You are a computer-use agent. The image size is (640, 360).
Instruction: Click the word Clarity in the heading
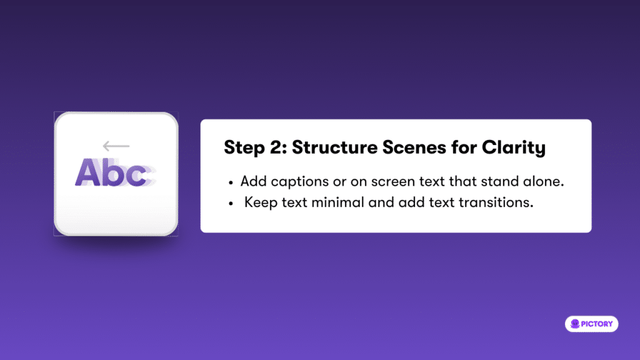pos(514,148)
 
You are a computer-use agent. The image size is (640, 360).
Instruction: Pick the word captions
pos(299,182)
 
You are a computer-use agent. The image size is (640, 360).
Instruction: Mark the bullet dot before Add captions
pos(231,182)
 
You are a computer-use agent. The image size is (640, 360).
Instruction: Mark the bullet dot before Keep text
pos(231,203)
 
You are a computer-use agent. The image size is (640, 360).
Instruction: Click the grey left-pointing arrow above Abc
pos(116,146)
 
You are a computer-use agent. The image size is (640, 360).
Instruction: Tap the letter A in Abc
pos(87,172)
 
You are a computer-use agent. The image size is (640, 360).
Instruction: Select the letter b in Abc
pos(112,172)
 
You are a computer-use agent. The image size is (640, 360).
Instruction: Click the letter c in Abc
pos(136,176)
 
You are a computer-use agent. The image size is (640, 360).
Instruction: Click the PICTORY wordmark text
pos(597,324)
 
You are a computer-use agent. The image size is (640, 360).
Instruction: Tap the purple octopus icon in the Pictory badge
pos(575,324)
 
